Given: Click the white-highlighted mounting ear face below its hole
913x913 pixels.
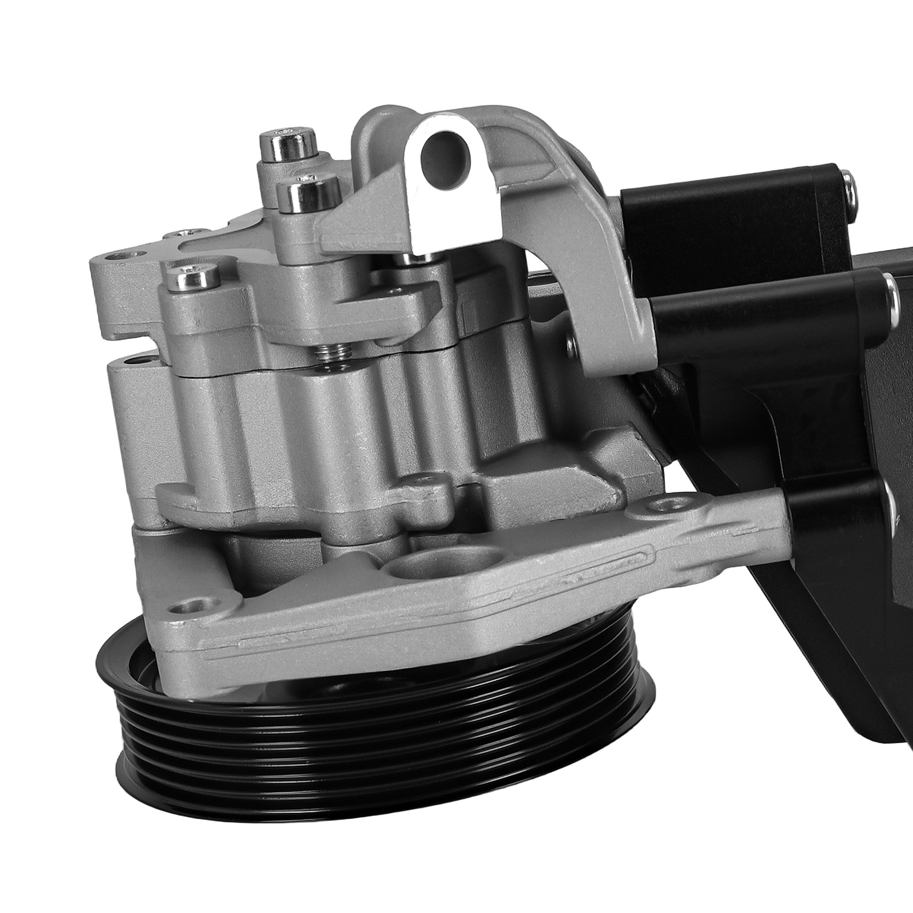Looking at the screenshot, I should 434,211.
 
